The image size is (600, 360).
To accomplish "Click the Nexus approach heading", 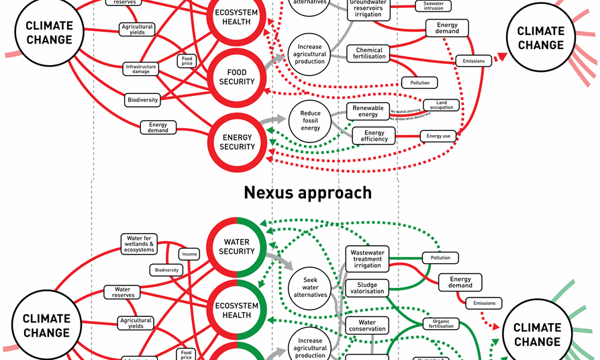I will click(x=307, y=193).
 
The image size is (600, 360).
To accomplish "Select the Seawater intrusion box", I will click(x=434, y=5).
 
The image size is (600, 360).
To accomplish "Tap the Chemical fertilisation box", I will click(x=370, y=53).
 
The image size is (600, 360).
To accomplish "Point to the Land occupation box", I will click(x=442, y=105).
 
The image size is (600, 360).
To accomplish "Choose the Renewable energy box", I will click(x=368, y=111).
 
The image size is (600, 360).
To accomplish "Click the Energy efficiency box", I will click(x=374, y=136).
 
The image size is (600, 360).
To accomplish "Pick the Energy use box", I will click(x=438, y=136).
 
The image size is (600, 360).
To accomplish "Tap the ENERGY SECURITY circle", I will click(x=239, y=142).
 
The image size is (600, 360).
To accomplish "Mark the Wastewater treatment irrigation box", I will click(x=367, y=259).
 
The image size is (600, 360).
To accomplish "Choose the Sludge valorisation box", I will click(x=367, y=287).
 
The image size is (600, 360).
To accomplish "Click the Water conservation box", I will click(x=367, y=325).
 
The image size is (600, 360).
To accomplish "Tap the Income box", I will click(x=189, y=254).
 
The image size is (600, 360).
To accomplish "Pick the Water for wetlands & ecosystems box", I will click(x=140, y=244).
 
